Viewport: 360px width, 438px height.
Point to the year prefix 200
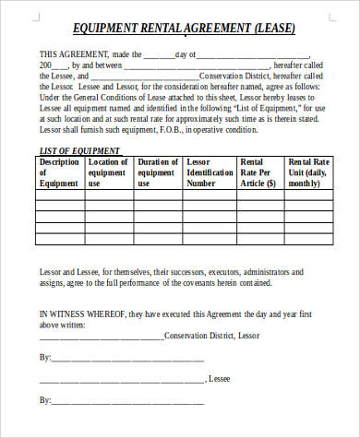point(47,66)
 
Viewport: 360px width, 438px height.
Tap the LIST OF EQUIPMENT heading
point(78,149)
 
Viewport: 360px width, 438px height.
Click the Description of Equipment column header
point(60,172)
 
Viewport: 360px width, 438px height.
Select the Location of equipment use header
point(109,172)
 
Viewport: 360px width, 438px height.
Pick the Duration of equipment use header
point(158,172)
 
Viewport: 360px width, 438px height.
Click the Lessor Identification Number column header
point(211,172)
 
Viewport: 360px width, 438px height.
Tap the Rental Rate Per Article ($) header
point(260,172)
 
